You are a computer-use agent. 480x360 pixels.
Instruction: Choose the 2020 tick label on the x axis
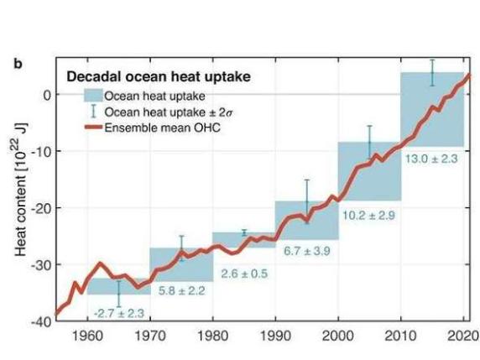(462, 337)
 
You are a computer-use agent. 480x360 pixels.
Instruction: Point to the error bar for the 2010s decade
(431, 72)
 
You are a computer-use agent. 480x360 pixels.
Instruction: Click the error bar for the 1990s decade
(306, 201)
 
